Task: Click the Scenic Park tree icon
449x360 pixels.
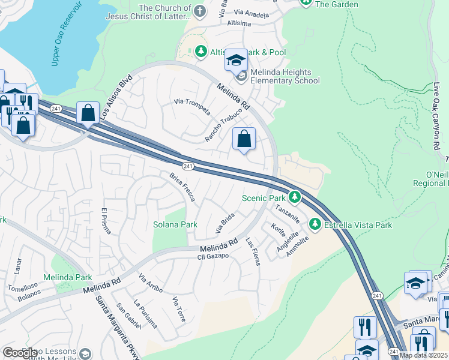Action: click(294, 197)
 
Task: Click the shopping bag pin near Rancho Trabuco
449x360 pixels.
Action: click(244, 139)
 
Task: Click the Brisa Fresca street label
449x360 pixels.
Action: click(182, 187)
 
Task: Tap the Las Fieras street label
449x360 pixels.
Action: click(252, 251)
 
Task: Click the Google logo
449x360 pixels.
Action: click(20, 353)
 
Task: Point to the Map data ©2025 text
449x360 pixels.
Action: click(423, 355)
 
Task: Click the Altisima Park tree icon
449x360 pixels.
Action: click(200, 52)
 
